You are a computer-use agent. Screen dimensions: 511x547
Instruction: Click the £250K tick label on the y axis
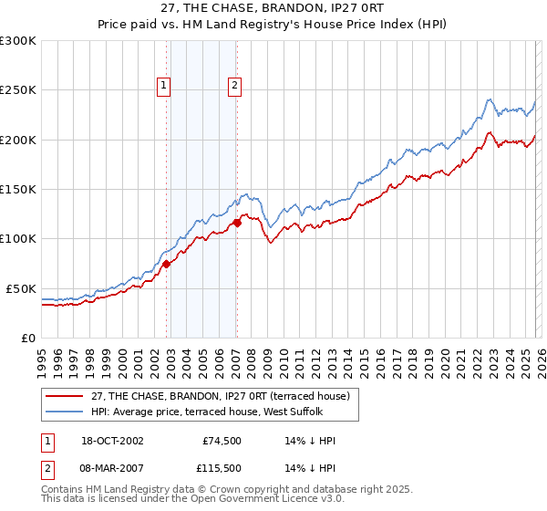[x=18, y=90]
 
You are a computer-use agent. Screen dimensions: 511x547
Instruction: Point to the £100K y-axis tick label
[x=18, y=239]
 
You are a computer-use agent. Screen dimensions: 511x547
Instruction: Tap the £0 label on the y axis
[x=29, y=338]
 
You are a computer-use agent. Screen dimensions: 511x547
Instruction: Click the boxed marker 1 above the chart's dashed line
[x=164, y=86]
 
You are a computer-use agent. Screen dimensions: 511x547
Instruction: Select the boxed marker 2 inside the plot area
[x=234, y=86]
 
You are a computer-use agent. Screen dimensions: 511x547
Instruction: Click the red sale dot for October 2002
[x=167, y=265]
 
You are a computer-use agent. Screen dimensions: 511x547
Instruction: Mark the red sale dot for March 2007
[x=237, y=222]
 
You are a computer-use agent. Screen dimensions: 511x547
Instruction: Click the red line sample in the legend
[x=65, y=395]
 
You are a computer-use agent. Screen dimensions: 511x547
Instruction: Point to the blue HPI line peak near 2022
[x=490, y=99]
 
